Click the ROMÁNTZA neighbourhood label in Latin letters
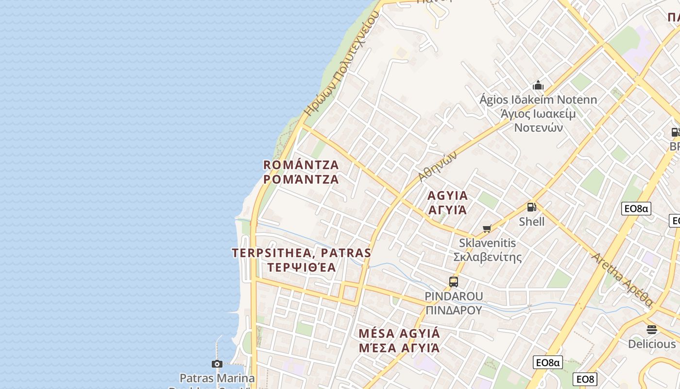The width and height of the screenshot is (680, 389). pos(301,164)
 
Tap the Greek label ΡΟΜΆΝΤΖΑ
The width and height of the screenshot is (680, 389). pos(301,179)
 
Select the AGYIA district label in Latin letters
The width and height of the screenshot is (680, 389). pos(448,196)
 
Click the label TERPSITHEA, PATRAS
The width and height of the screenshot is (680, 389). pos(301,253)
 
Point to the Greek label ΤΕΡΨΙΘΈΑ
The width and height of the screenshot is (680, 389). pos(301,267)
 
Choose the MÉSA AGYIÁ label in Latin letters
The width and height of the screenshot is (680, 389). pos(399,334)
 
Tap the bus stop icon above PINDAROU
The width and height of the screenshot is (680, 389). pos(454,282)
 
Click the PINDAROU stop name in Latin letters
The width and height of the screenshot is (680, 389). pos(454,296)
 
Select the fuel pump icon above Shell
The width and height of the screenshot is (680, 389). pos(532,207)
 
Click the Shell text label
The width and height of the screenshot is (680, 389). pos(532,222)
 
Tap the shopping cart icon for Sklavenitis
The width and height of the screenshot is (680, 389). pos(487,229)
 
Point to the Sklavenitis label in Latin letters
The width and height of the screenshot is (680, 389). pos(487,243)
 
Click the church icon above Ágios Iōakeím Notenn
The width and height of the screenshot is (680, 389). pos(538,86)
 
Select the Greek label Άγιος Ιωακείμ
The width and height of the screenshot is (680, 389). pos(538,114)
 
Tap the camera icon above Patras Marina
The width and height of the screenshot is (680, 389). pos(217,364)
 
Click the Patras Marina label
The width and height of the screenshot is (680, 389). pos(217,378)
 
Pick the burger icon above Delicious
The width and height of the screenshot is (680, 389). pos(652,330)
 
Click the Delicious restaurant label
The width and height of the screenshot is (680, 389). pos(652,344)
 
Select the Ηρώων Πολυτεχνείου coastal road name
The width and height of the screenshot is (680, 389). pos(341,63)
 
